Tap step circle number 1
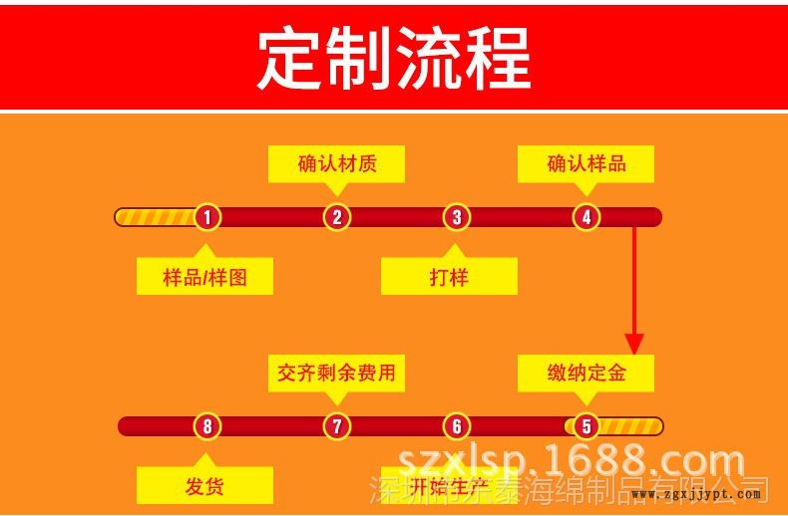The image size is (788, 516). pos(206,217)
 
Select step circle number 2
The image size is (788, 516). pos(337,217)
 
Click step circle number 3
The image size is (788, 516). pos(456,217)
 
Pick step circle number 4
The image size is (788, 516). pos(587,217)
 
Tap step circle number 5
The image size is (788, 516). pos(586,426)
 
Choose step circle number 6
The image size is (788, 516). pos(456,426)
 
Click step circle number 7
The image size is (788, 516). pos(337,426)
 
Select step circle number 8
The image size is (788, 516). pos(206,426)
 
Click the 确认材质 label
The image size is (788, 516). pos(337,163)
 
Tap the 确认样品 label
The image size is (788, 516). pos(587,163)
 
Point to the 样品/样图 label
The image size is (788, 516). pos(204,277)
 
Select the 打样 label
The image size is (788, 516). pos(449,277)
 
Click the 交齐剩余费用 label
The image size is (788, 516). pos(337,373)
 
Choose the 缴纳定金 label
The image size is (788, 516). pos(587,373)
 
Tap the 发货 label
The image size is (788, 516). pos(204,486)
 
